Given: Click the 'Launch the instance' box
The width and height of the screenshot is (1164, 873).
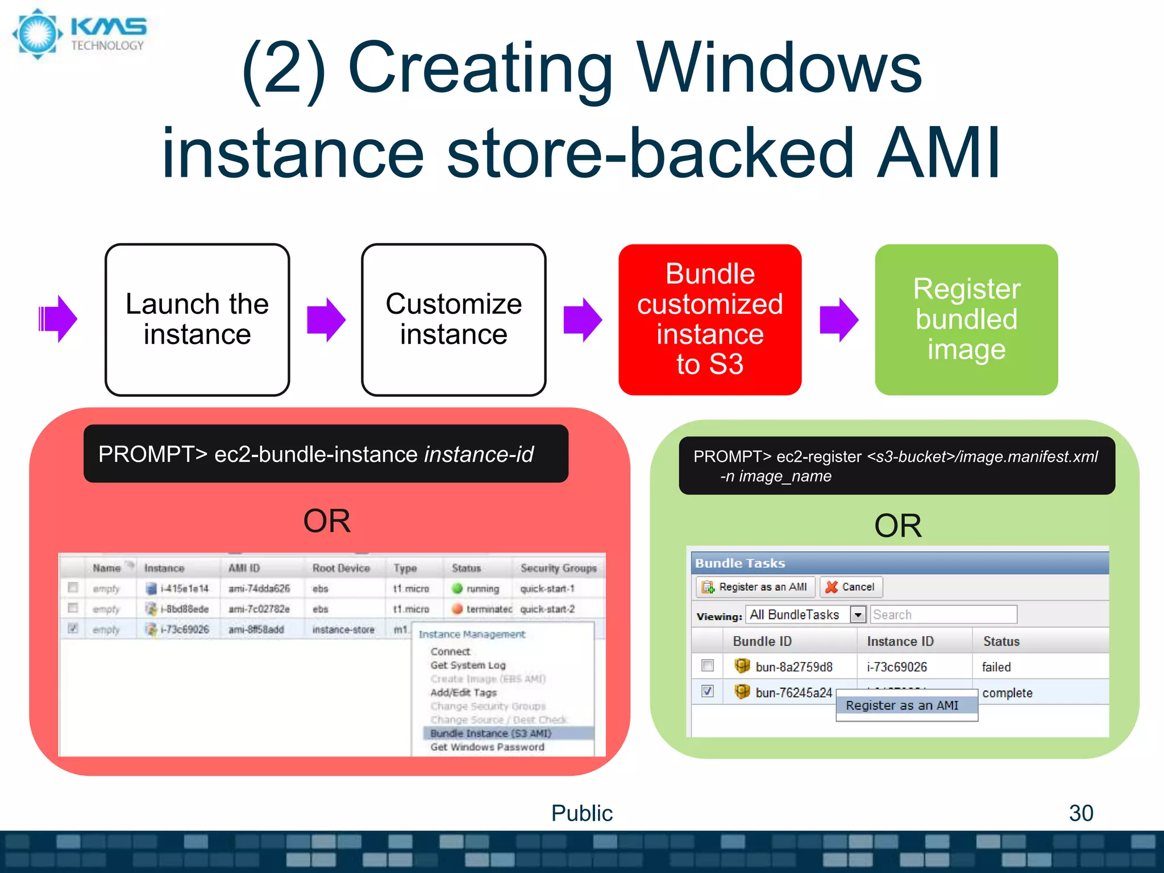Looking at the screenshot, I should [x=197, y=319].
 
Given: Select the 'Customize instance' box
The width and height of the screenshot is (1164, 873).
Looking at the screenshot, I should [x=453, y=319].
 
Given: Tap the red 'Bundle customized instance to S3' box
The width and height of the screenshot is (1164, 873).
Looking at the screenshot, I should [x=709, y=319].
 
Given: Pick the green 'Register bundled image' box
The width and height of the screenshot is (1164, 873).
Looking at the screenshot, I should [x=966, y=319].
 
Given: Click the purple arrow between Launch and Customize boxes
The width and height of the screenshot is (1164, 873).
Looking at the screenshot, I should [x=326, y=319].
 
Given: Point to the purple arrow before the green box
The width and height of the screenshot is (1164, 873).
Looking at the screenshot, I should [x=838, y=319].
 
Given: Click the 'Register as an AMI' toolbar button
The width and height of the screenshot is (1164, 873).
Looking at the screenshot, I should [x=755, y=587].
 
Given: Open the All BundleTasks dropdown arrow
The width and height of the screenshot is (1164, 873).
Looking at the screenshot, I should [x=858, y=614].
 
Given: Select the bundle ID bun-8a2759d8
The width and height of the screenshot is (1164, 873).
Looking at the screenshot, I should [x=793, y=667].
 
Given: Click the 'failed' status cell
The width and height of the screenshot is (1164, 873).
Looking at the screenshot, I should [x=996, y=667].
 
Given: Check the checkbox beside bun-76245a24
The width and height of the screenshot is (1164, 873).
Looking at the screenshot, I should [x=707, y=691].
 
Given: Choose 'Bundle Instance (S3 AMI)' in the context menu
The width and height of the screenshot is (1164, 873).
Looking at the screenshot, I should [x=490, y=733].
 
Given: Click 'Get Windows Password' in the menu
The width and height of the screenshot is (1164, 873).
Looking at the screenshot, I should [x=487, y=747].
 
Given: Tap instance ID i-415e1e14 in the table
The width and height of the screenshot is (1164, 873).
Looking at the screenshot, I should [x=184, y=588].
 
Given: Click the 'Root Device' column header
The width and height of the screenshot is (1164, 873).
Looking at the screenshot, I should [x=340, y=568].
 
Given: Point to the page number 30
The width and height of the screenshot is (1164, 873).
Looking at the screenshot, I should [x=1080, y=813].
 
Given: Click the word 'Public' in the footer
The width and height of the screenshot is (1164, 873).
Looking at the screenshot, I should [x=581, y=813].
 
